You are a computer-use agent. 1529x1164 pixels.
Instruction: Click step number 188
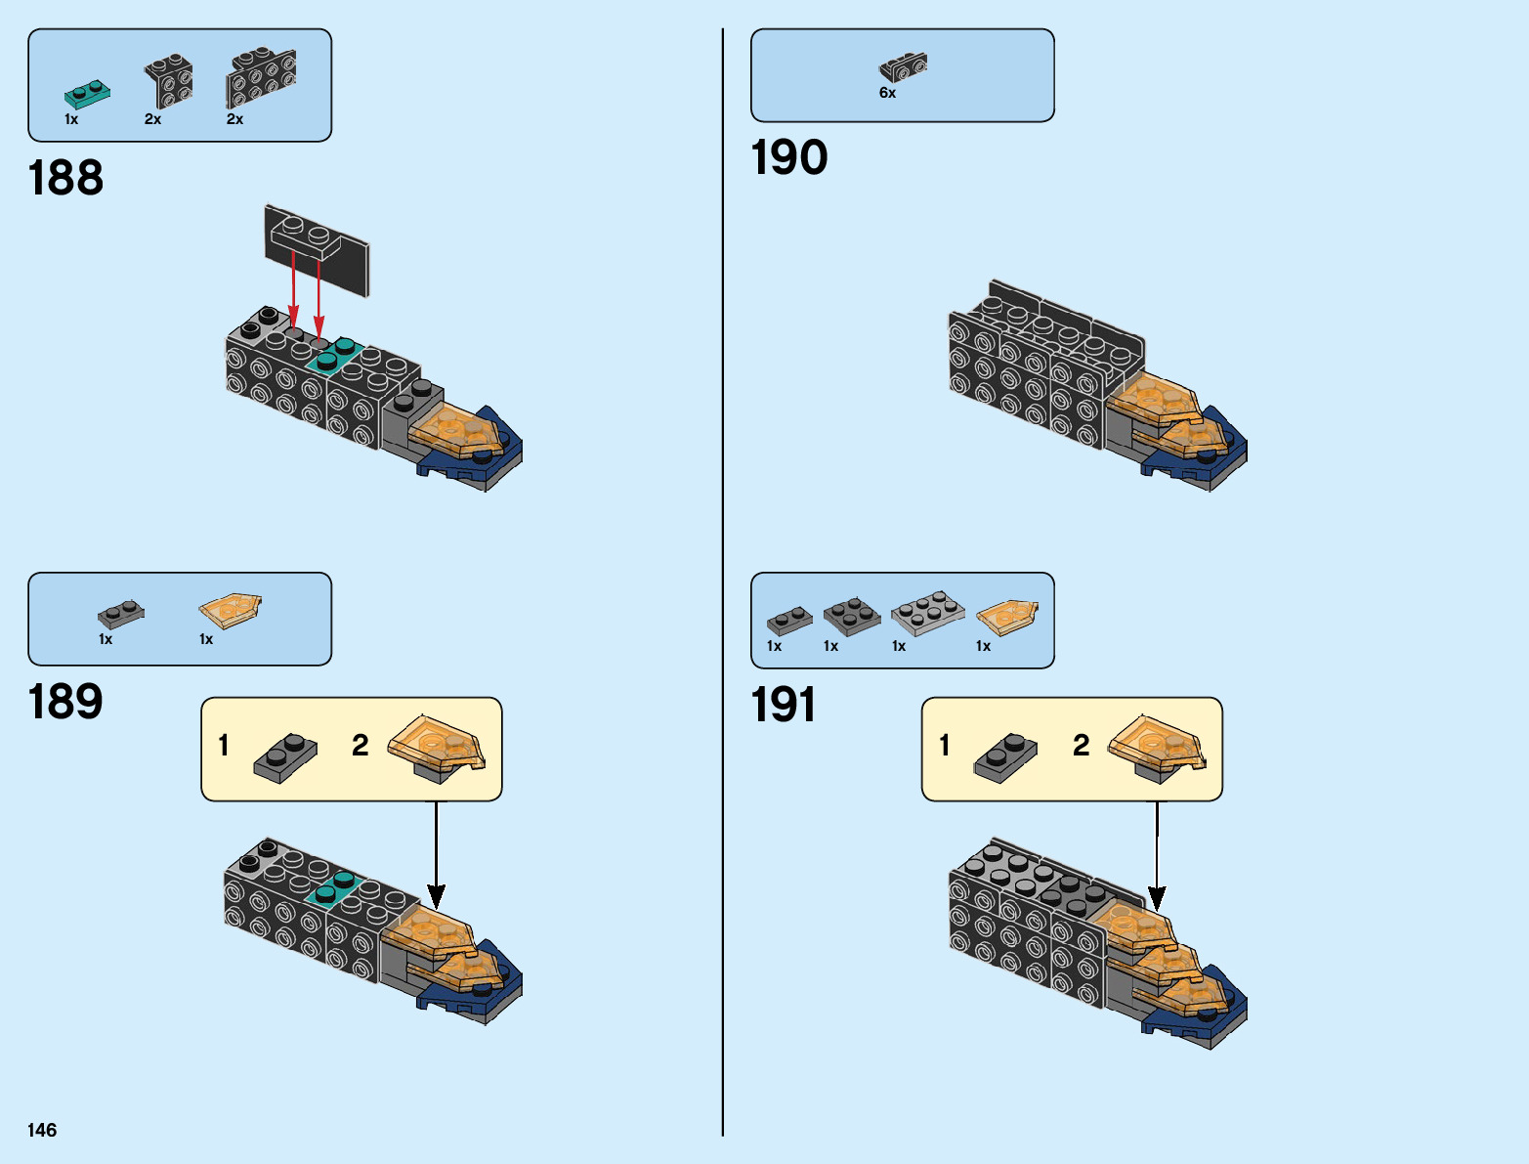[x=65, y=179]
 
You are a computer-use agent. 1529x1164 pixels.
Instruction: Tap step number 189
[x=65, y=703]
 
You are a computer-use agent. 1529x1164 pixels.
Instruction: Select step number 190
[x=788, y=158]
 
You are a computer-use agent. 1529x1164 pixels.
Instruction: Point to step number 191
[x=783, y=706]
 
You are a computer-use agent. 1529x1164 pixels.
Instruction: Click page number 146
[x=42, y=1131]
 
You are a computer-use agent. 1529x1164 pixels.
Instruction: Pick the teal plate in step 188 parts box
[x=87, y=94]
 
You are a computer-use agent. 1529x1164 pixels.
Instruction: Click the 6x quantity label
[x=887, y=94]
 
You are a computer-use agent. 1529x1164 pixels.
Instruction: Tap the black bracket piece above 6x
[x=903, y=67]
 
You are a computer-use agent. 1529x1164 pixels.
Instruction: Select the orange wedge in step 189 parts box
[x=231, y=611]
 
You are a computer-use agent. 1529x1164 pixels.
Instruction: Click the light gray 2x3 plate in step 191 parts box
[x=927, y=613]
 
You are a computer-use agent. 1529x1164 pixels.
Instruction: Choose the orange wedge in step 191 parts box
[x=1006, y=617]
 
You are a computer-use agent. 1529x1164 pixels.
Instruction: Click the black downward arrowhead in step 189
[x=436, y=895]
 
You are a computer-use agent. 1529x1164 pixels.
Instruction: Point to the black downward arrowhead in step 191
[x=1157, y=898]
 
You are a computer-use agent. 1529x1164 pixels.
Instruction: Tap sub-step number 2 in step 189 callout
[x=361, y=746]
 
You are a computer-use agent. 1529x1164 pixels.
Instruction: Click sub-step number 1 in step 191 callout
[x=945, y=746]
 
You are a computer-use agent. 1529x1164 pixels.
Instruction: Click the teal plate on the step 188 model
[x=335, y=354]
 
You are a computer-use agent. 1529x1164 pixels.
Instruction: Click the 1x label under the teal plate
[x=71, y=119]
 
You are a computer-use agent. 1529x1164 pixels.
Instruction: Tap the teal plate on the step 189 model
[x=333, y=887]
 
